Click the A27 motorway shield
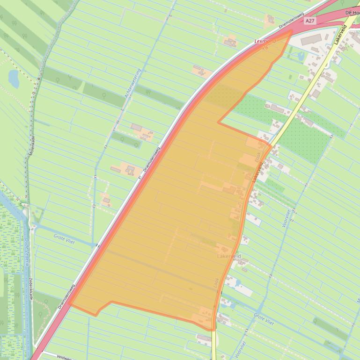309,21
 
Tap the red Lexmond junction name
265,41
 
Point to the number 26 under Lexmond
265,48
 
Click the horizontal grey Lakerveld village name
229,257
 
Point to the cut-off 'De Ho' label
351,12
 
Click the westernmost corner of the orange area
69,304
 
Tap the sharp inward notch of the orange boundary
218,123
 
